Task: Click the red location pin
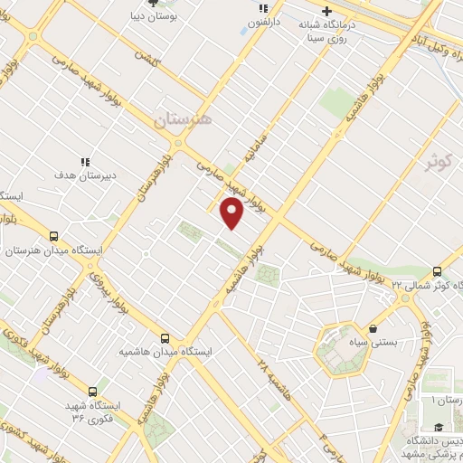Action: pyautogui.click(x=232, y=213)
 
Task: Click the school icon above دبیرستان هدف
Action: pyautogui.click(x=84, y=161)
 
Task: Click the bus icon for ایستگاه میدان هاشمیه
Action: pyautogui.click(x=164, y=337)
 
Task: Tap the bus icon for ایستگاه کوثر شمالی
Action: pyautogui.click(x=438, y=271)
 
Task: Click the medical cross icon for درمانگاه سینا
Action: pyautogui.click(x=316, y=10)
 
